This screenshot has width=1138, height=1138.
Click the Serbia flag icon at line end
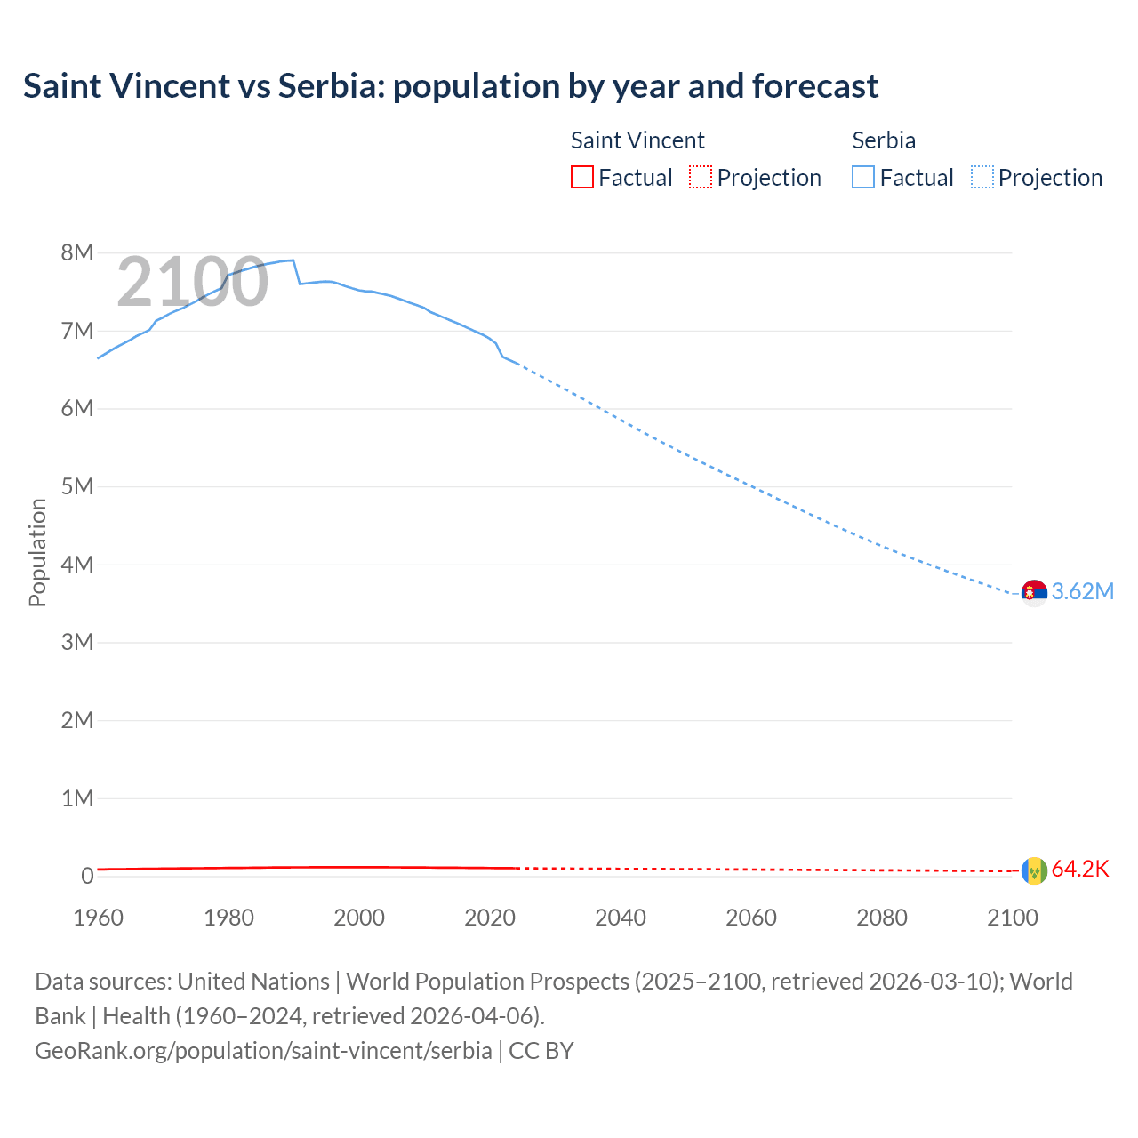tap(1034, 592)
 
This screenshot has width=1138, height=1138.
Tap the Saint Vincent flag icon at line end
tap(1034, 870)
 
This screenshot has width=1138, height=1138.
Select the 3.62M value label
tap(1083, 592)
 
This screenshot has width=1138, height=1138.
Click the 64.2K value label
tap(1080, 870)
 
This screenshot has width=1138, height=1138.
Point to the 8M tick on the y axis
tap(77, 253)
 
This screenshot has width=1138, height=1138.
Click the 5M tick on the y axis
tap(77, 487)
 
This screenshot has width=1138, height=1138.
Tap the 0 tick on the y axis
tap(87, 877)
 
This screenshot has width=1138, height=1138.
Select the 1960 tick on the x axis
tap(98, 918)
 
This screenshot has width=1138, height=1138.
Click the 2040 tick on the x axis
tap(621, 918)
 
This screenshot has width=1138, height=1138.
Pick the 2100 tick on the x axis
tap(1013, 918)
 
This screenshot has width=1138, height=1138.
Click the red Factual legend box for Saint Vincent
tap(582, 178)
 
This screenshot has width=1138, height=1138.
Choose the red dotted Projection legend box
tap(701, 178)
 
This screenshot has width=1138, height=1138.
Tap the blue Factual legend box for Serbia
tap(863, 178)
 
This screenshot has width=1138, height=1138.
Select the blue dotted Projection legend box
tap(982, 178)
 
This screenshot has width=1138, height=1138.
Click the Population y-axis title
tap(37, 552)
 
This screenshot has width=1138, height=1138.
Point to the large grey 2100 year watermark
tap(192, 282)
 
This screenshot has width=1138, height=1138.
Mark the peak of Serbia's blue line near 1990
tap(293, 260)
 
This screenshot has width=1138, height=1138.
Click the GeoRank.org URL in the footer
tap(263, 1051)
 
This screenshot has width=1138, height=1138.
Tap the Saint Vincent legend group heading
tap(637, 140)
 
